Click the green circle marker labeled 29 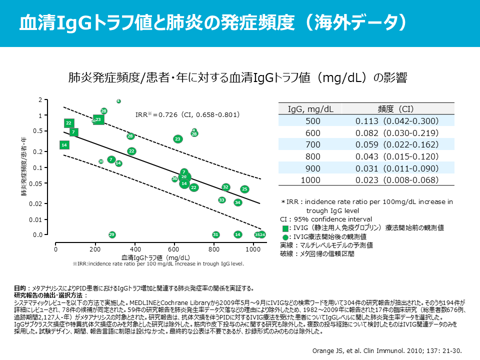click(112, 234)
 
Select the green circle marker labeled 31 click(215, 234)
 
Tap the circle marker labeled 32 click(225, 187)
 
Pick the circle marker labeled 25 click(244, 189)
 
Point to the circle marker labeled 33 click(221, 200)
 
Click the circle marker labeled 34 click(237, 202)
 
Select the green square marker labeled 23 click(98, 119)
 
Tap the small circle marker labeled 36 click(174, 178)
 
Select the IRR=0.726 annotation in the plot click(188, 114)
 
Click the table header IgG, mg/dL click(311, 109)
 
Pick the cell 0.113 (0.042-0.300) click(396, 121)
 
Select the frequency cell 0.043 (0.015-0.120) click(396, 156)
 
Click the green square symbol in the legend click(285, 228)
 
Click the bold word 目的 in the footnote click(19, 288)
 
